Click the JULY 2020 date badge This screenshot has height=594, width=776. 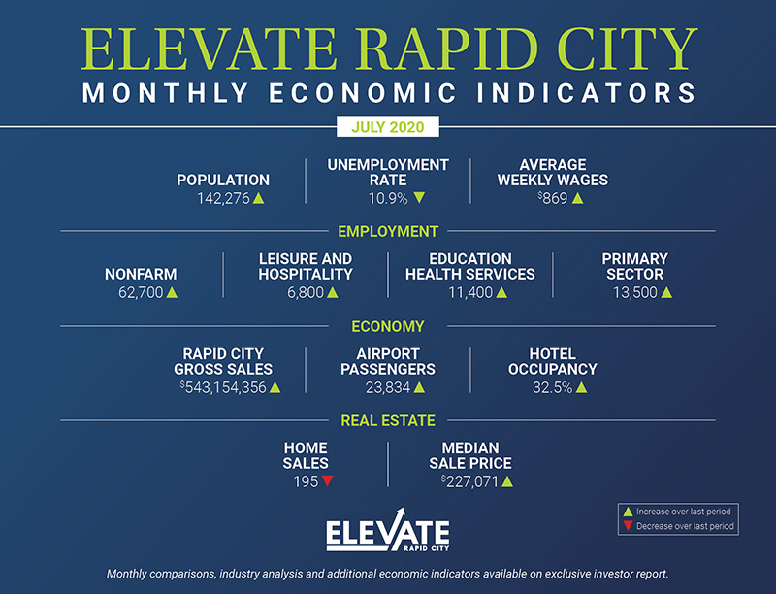click(387, 127)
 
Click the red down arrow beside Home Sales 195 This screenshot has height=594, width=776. click(327, 480)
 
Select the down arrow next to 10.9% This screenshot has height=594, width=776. click(419, 198)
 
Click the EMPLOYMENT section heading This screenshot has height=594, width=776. click(388, 232)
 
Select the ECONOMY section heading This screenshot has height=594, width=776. click(388, 327)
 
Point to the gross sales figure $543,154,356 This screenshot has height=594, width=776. click(225, 387)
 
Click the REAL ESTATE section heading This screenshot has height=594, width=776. click(388, 420)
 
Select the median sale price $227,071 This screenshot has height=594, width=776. click(471, 480)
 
